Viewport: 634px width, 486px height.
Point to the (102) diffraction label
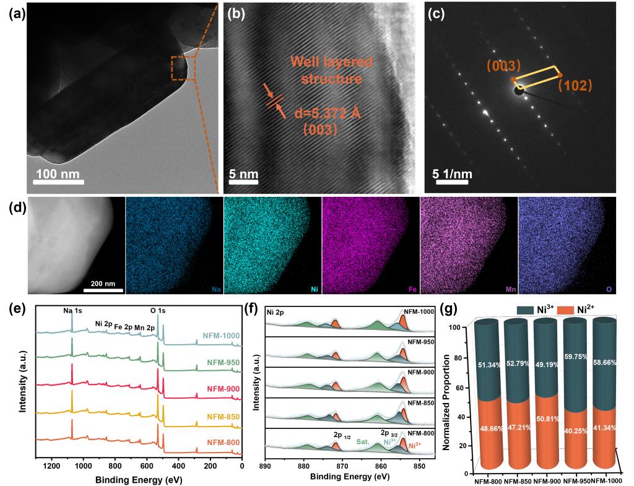click(x=575, y=85)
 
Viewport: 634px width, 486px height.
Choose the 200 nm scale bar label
click(x=103, y=283)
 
